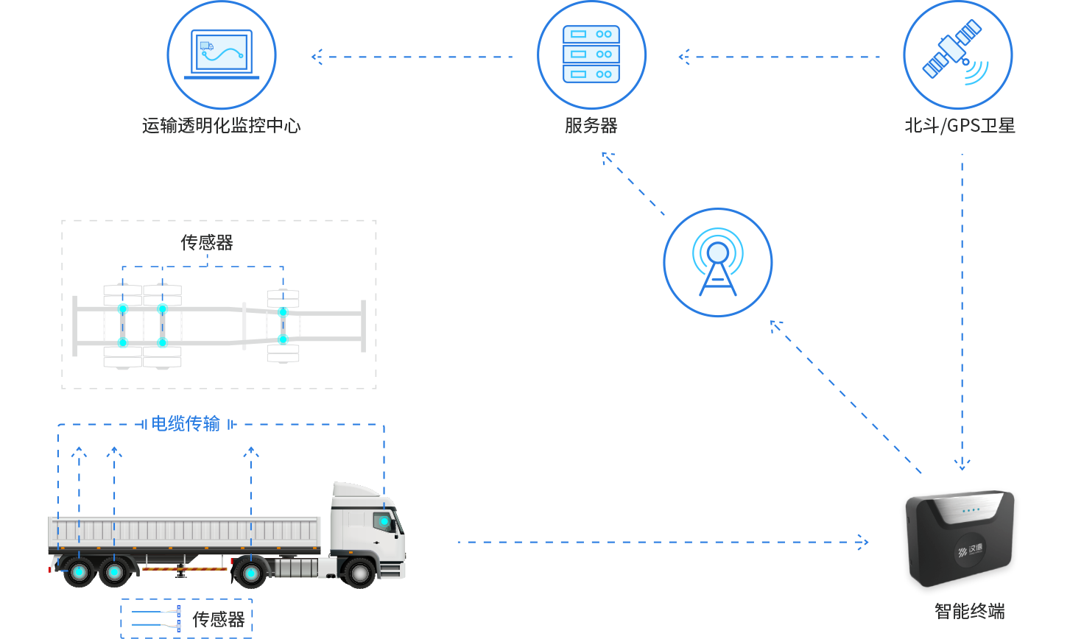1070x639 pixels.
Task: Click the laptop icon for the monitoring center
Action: tap(222, 54)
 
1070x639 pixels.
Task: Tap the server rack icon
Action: tap(591, 54)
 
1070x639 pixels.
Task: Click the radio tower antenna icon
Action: tap(718, 263)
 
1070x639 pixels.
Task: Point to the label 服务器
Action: tap(591, 125)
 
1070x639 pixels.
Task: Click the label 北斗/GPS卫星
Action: tap(960, 125)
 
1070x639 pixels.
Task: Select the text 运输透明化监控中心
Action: tap(222, 125)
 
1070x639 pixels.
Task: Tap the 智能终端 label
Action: tap(969, 611)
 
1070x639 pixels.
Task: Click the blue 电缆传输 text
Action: tap(186, 423)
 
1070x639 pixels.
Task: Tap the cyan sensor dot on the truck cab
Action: tap(384, 521)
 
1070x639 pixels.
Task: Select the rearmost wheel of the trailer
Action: tap(79, 572)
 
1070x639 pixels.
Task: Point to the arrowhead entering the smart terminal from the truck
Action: tap(863, 542)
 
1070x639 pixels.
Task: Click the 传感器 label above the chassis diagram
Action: tap(207, 242)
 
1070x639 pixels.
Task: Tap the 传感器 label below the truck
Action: tap(219, 619)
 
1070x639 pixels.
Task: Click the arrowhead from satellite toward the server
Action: tap(684, 57)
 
